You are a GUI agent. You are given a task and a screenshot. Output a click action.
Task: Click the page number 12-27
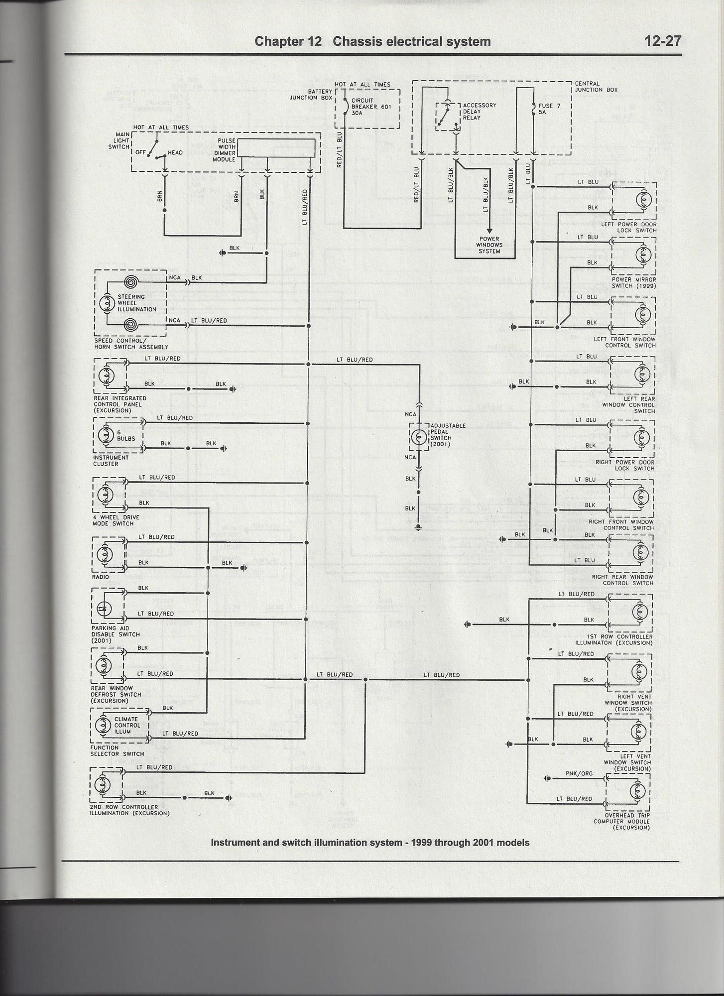663,41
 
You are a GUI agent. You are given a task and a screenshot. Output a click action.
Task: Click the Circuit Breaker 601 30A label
371,107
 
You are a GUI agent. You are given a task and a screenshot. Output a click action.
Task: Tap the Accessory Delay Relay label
479,112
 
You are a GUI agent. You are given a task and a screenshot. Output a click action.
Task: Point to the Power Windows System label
489,245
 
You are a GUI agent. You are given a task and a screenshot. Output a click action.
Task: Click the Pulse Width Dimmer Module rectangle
276,148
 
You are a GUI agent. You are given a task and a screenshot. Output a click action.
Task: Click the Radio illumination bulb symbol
105,554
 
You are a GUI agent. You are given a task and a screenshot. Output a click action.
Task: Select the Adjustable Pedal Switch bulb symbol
419,438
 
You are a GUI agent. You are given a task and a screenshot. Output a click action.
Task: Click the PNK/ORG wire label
579,773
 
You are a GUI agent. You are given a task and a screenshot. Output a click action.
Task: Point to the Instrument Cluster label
111,461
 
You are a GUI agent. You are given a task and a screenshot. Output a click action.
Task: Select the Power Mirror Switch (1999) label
633,282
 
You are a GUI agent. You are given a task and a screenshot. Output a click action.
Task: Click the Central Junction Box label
596,87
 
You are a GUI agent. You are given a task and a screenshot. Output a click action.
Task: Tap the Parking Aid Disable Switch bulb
104,608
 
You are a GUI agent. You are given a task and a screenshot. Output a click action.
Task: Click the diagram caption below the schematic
370,843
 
